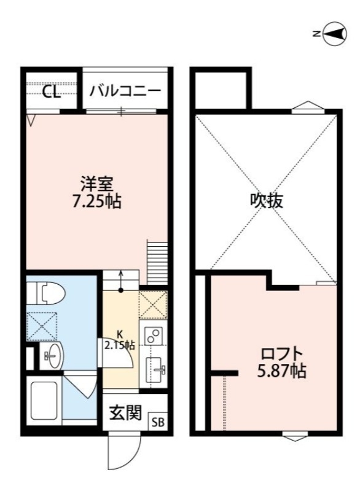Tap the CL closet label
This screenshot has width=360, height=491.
(51, 92)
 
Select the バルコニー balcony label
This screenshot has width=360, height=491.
(125, 92)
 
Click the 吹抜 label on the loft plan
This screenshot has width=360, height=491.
(267, 201)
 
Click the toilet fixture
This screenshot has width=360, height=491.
(46, 293)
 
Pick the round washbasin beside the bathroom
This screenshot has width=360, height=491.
(52, 355)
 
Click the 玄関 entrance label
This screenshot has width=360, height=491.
(125, 414)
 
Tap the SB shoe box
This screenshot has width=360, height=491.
(158, 422)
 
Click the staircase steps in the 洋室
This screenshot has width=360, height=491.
(157, 261)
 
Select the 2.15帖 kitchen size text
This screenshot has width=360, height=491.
(119, 344)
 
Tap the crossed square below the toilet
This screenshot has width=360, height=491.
(42, 326)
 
